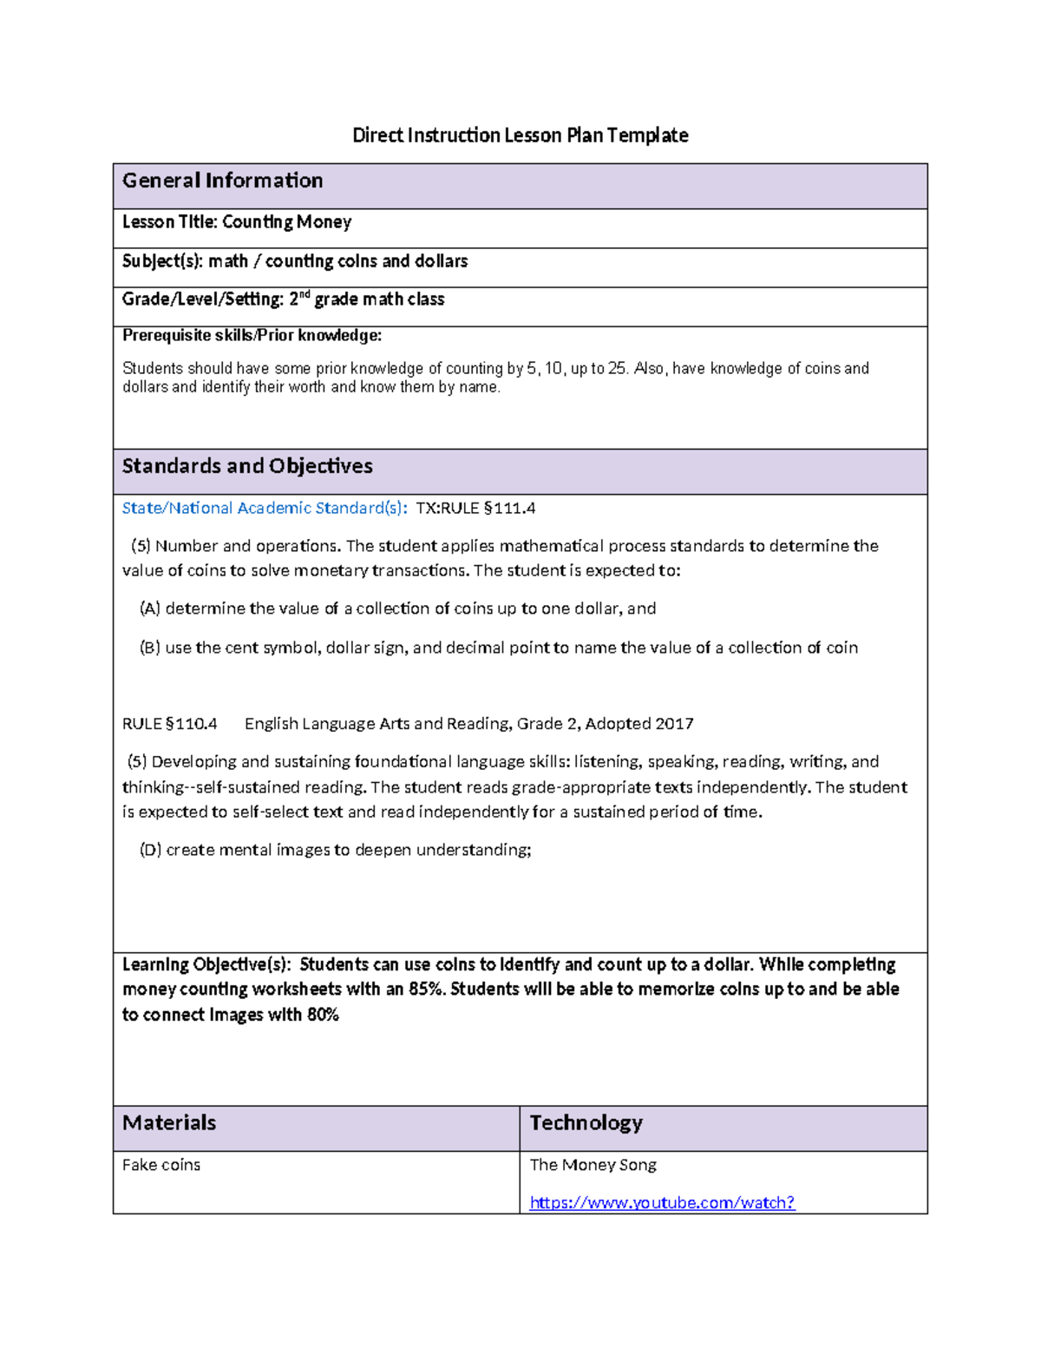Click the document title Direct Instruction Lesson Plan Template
pos(520,135)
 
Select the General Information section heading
pos(222,181)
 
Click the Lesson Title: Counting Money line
pos(237,222)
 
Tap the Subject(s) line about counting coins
pos(295,261)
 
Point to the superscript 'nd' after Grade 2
pos(304,295)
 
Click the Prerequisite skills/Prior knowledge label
pos(252,336)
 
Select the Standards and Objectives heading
pos(247,466)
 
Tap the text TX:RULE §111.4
pos(475,509)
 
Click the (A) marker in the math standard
pos(150,608)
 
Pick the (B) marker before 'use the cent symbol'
pos(150,648)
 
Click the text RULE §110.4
pos(169,724)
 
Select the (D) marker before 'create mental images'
pos(150,850)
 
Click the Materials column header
pos(169,1123)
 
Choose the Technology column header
pos(586,1123)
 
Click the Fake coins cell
pos(161,1165)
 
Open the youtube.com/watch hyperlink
pos(662,1203)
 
